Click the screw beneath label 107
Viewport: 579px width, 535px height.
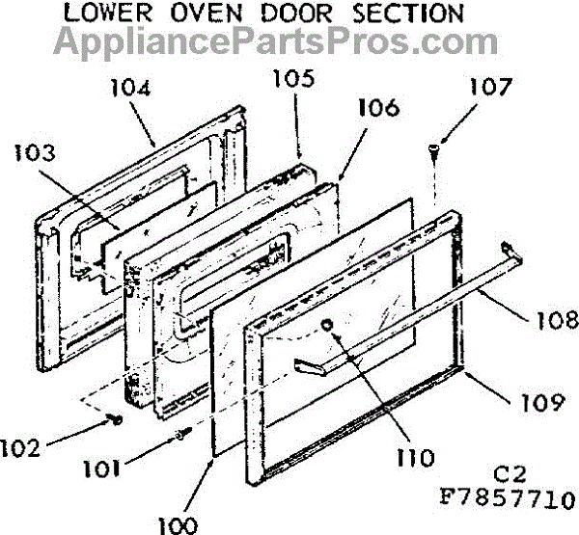coord(433,150)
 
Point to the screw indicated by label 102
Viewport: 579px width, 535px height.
coord(114,419)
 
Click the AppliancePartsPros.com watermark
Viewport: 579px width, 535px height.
coord(276,42)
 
